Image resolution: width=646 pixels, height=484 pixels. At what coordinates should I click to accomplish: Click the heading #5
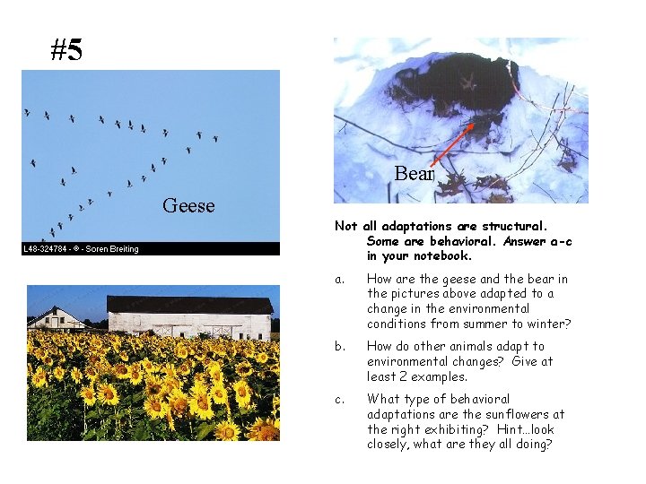click(x=66, y=50)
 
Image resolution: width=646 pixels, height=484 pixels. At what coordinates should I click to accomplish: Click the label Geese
click(x=188, y=206)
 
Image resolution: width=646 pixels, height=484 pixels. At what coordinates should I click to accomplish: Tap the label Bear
click(x=414, y=174)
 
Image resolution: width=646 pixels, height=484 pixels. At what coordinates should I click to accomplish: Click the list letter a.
click(x=339, y=279)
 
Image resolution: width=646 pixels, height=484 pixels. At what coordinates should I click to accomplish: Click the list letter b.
click(x=339, y=346)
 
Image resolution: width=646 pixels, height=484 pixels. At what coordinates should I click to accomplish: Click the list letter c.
click(x=339, y=399)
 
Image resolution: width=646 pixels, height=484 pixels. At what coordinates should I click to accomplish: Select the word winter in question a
click(x=546, y=324)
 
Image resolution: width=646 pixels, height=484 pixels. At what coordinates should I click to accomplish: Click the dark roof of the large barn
click(x=189, y=305)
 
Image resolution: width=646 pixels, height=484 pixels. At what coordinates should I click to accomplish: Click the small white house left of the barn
click(x=56, y=318)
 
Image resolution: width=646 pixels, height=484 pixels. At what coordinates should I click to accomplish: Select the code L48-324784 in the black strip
click(x=49, y=249)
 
